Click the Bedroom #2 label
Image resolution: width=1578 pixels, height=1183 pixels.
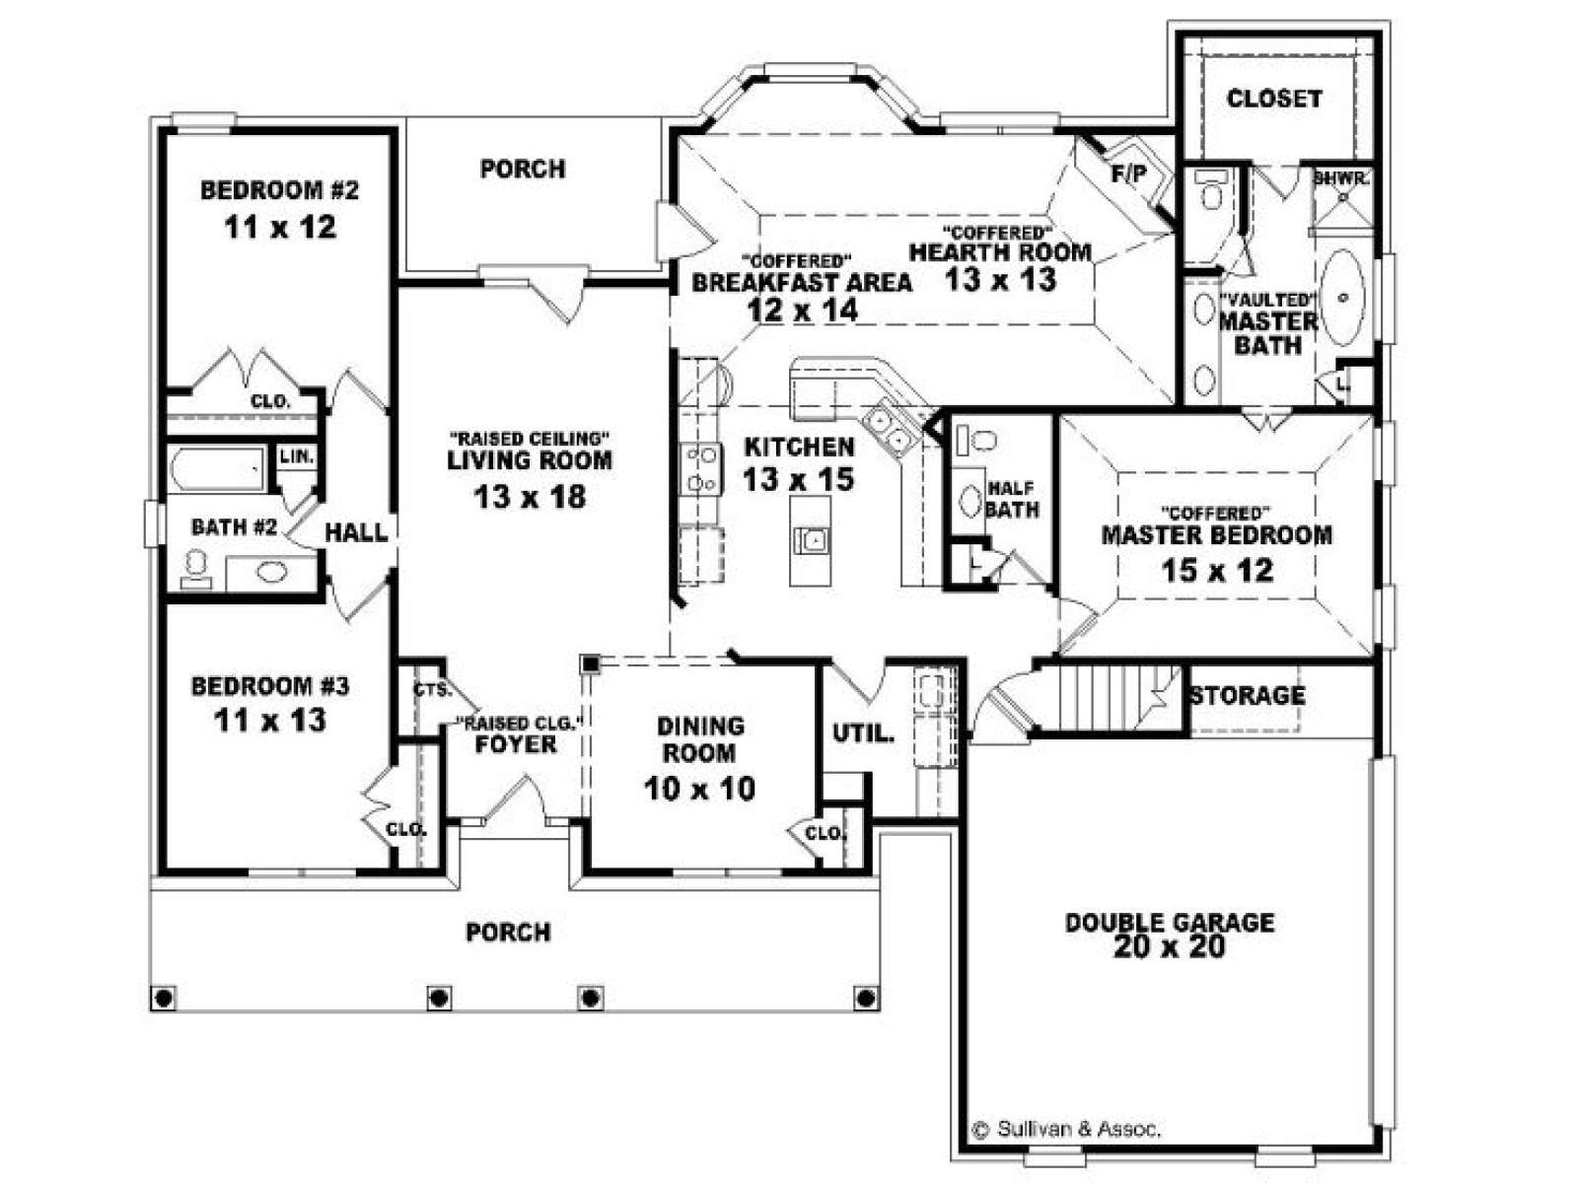[x=279, y=190]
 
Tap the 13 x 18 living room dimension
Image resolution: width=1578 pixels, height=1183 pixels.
[x=530, y=496]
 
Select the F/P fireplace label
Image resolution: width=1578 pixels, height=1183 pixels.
[x=1129, y=174]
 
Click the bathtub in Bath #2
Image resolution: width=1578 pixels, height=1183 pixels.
[x=217, y=469]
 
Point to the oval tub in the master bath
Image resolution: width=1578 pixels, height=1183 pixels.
[x=1343, y=297]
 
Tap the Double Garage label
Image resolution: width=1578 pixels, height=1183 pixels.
[x=1169, y=922]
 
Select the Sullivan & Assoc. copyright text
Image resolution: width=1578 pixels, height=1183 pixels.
[x=1066, y=1130]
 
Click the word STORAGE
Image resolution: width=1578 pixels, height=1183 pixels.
[x=1248, y=695]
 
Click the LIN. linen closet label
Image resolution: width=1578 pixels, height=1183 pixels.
[x=296, y=456]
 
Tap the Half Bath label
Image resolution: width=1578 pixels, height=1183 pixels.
[x=1012, y=499]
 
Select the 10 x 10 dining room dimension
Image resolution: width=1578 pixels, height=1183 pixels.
[x=699, y=789]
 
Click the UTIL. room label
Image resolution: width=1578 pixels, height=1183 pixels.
[x=863, y=733]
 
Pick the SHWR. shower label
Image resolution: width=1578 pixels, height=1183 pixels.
[x=1341, y=178]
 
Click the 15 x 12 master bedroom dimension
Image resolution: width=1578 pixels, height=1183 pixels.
[x=1217, y=571]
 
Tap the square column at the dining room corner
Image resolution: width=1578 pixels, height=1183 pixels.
[x=590, y=663]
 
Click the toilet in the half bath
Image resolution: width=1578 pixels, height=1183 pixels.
[x=977, y=439]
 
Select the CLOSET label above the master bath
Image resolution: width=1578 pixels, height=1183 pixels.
[x=1274, y=99]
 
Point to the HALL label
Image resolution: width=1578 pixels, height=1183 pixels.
[x=356, y=532]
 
